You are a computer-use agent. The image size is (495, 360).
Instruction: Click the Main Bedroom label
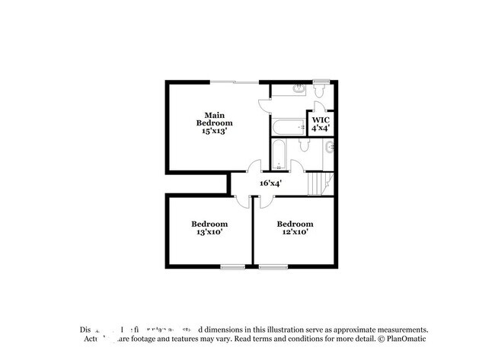[214, 119]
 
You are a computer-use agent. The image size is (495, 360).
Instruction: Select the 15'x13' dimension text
[214, 131]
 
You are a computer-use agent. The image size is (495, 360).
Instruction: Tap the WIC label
[321, 120]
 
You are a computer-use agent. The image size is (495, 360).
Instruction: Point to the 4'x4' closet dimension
[321, 129]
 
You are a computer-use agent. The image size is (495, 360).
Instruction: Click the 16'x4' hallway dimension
[271, 183]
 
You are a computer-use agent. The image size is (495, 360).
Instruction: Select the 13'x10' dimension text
[209, 232]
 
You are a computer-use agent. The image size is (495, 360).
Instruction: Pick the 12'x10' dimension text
[295, 232]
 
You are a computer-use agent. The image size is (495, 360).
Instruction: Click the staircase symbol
[319, 183]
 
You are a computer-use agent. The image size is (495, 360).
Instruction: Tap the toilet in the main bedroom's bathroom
[321, 91]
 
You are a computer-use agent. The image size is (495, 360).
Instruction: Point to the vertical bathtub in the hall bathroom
[279, 155]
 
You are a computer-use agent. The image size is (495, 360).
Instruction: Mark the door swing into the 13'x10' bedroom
[242, 199]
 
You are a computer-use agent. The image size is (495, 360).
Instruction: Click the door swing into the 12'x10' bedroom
[264, 199]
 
